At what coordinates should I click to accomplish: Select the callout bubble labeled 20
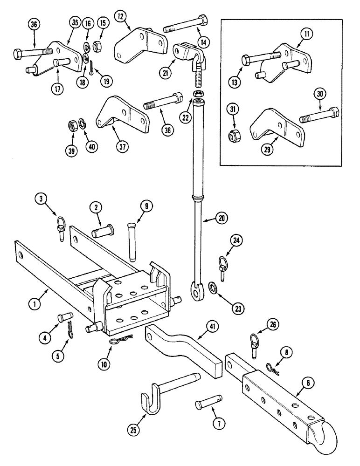(223, 217)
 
